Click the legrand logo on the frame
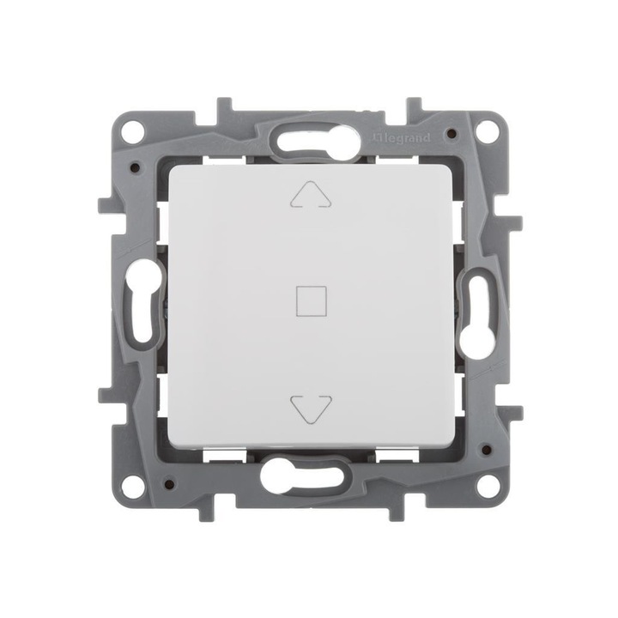pyautogui.click(x=401, y=138)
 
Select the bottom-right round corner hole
pyautogui.click(x=486, y=486)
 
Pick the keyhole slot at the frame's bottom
pyautogui.click(x=304, y=474)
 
